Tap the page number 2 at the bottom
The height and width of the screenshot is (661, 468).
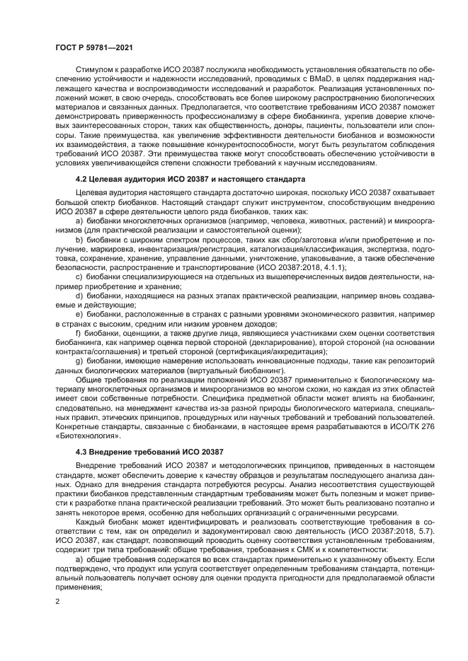(x=57, y=601)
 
